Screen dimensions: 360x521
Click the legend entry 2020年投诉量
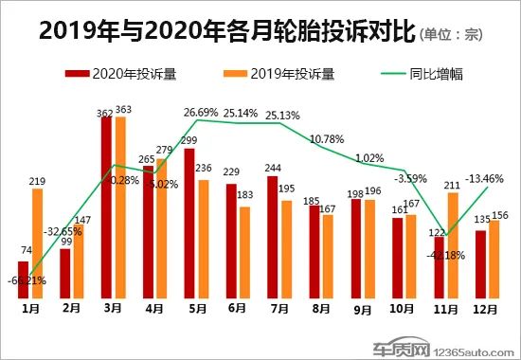(103, 73)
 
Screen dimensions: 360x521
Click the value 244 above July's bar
(273, 169)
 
